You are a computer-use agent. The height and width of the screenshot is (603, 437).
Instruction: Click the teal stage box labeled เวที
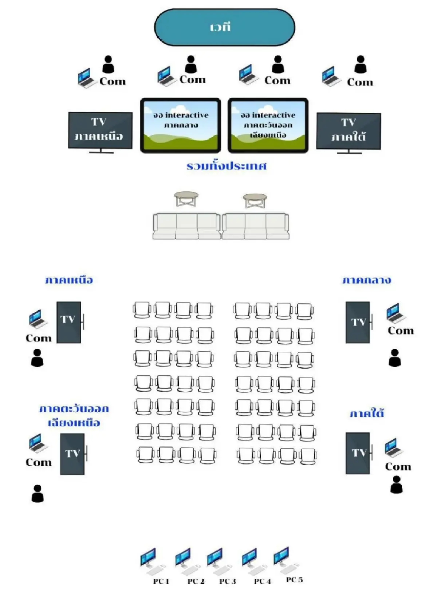pos(224,27)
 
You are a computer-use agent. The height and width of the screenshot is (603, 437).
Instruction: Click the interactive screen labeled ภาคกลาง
pos(181,125)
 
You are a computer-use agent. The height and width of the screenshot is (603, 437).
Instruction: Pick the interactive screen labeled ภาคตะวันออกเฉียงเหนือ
pos(268,125)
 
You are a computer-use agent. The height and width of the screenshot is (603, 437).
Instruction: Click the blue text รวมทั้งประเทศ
pos(226,166)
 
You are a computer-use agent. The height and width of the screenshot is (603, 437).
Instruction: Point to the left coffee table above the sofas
pos(186,199)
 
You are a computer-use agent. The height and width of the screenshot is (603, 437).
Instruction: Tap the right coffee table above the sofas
pos(255,200)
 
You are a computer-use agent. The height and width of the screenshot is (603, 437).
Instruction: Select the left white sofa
pos(186,226)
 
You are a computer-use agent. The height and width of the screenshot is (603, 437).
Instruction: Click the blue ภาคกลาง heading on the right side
pos(366,280)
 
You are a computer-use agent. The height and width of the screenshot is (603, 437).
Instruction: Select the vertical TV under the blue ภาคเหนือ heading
pos(69,322)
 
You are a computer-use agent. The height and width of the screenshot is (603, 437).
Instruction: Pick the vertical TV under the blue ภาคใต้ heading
pos(358,453)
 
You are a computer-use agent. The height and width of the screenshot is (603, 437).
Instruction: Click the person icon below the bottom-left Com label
pos(38,494)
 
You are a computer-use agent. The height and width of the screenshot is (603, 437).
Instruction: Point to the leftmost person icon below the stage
pos(108,65)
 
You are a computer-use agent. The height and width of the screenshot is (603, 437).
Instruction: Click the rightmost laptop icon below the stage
pos(331,76)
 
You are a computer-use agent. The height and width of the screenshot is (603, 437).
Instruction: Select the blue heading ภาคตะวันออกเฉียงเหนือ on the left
pos(74,415)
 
